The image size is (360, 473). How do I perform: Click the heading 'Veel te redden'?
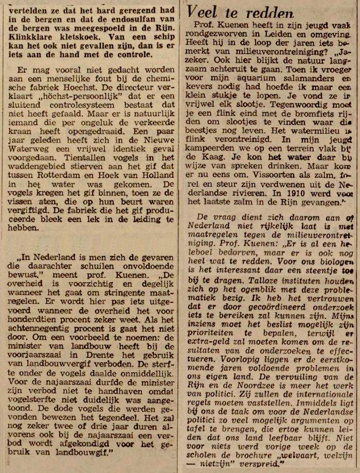pyautogui.click(x=241, y=12)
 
